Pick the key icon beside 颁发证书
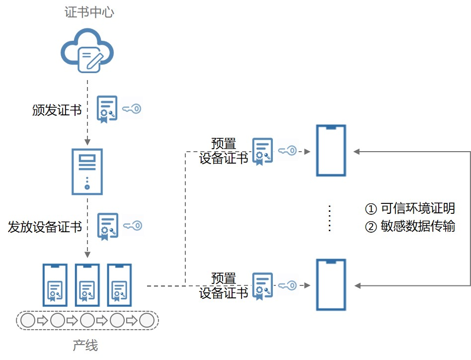(132, 109)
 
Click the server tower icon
(87, 171)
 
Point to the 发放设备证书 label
(45, 227)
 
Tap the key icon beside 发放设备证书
(133, 226)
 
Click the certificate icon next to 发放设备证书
(107, 227)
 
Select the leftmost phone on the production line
(55, 285)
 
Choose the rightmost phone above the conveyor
(119, 285)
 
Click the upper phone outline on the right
(331, 151)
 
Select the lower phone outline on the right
(331, 285)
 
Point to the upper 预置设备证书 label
(224, 151)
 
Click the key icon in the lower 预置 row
(288, 285)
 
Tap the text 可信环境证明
(417, 208)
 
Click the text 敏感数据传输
(417, 226)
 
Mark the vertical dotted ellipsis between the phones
(330, 218)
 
